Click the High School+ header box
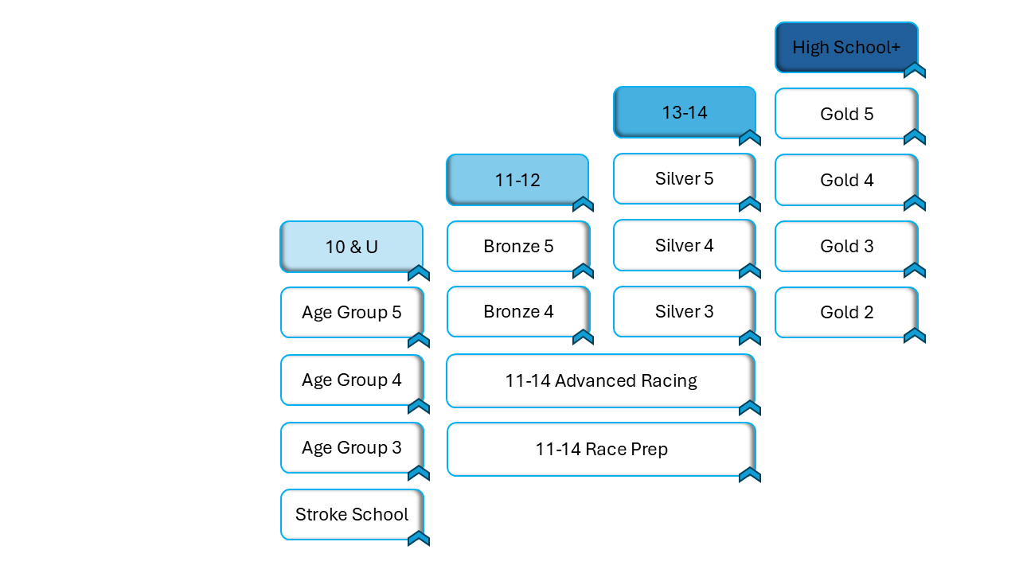pyautogui.click(x=846, y=48)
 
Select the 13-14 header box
pyautogui.click(x=685, y=112)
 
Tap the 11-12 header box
pyautogui.click(x=517, y=180)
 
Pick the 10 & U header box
pyautogui.click(x=351, y=247)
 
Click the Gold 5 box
pyautogui.click(x=846, y=114)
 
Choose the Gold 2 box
pyautogui.click(x=846, y=312)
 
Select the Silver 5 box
pyautogui.click(x=685, y=178)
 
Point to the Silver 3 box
pyautogui.click(x=685, y=311)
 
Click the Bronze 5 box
pyautogui.click(x=518, y=246)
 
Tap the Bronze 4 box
pyautogui.click(x=518, y=311)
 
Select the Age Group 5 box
pyautogui.click(x=352, y=312)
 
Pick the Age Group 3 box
pyautogui.click(x=352, y=447)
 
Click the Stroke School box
pyautogui.click(x=352, y=514)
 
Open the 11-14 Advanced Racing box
pyautogui.click(x=601, y=380)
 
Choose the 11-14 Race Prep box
pyautogui.click(x=601, y=449)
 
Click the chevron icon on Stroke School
pyautogui.click(x=419, y=539)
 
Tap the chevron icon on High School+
pyautogui.click(x=915, y=71)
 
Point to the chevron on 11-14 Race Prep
pyautogui.click(x=750, y=475)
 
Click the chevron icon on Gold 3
pyautogui.click(x=915, y=271)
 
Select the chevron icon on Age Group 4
pyautogui.click(x=419, y=407)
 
